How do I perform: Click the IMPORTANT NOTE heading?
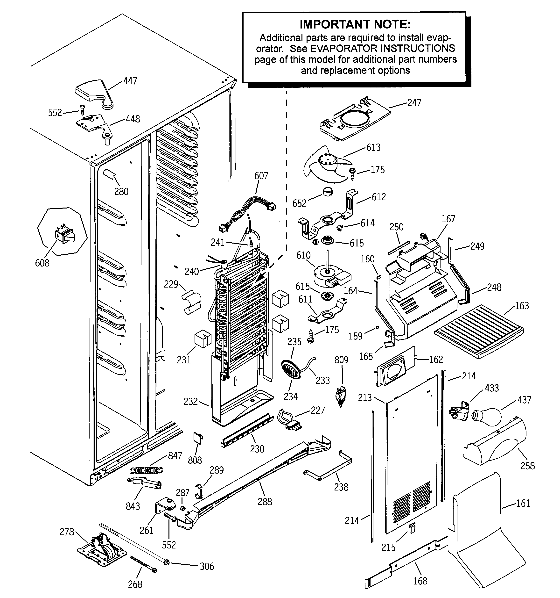[355, 24]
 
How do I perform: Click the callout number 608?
[42, 263]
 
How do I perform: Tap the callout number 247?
[414, 103]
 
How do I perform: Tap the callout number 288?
[265, 501]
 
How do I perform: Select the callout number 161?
[523, 503]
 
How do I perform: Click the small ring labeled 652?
[328, 192]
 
